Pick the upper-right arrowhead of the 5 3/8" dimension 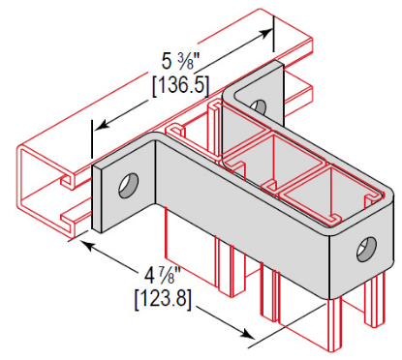coord(263,37)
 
